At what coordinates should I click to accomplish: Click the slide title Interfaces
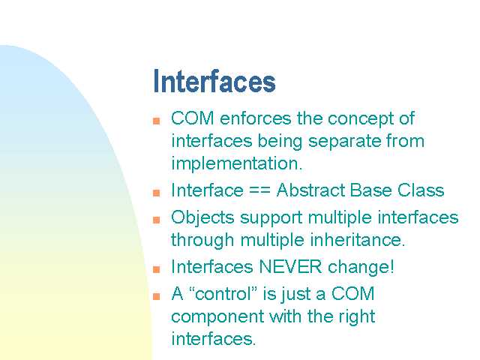tap(214, 81)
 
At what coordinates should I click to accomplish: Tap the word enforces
tap(255, 118)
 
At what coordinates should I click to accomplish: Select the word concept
tap(360, 119)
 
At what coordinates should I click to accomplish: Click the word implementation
tap(237, 163)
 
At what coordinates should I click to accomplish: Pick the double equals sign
tap(260, 190)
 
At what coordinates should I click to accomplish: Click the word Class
tap(421, 190)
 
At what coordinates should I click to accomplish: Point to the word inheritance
tap(357, 240)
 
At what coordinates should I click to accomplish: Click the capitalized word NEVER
tap(290, 267)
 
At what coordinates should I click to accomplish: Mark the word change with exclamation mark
tap(361, 267)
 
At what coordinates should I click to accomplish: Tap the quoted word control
tap(223, 293)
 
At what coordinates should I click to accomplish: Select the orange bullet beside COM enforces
tap(157, 121)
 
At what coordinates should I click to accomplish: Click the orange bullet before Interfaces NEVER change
tap(157, 269)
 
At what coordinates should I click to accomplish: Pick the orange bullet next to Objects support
tap(157, 220)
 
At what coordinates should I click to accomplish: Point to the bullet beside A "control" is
tap(157, 296)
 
